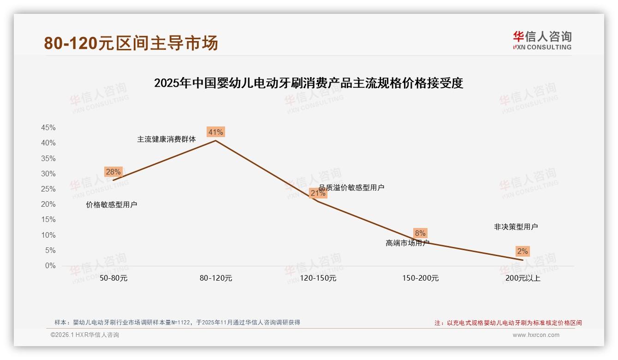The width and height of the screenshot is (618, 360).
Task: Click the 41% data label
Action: click(215, 132)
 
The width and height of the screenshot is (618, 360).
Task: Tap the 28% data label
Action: click(113, 172)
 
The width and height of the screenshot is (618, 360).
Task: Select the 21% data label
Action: click(318, 193)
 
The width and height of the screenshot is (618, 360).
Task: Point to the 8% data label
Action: click(420, 234)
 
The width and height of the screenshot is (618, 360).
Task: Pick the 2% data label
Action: click(523, 252)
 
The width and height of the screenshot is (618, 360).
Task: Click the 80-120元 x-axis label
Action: click(216, 278)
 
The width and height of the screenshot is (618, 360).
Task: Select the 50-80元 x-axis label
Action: click(113, 278)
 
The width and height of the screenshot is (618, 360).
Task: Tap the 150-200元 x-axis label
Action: click(421, 278)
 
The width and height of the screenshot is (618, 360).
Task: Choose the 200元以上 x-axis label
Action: click(523, 278)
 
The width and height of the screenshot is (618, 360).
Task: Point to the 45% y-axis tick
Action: click(48, 128)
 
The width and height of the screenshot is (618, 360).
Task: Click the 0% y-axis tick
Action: click(50, 266)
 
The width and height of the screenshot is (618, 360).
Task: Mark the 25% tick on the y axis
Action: click(48, 189)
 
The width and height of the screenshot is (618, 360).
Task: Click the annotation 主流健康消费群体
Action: click(166, 139)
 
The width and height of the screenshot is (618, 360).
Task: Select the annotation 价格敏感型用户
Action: click(112, 205)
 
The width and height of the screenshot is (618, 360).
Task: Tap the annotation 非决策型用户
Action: click(516, 227)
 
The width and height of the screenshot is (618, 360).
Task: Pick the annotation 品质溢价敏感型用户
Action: click(351, 187)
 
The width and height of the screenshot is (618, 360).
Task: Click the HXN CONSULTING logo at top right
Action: click(542, 41)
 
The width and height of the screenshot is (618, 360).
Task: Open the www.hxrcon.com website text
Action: click(536, 335)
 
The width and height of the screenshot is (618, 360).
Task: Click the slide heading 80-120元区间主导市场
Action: click(131, 43)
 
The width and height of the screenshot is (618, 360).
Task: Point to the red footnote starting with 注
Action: click(508, 323)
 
